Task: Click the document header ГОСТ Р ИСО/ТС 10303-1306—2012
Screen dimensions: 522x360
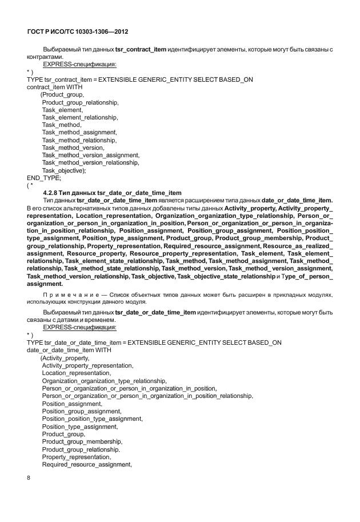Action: [x=82, y=32]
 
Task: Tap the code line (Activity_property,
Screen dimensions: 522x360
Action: [x=65, y=358]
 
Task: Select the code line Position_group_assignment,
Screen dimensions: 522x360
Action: [x=81, y=411]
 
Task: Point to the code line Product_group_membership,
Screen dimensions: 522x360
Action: [x=82, y=442]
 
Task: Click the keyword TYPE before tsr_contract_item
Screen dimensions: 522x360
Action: [x=35, y=79]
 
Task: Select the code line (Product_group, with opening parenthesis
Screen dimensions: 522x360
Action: [x=62, y=94]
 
